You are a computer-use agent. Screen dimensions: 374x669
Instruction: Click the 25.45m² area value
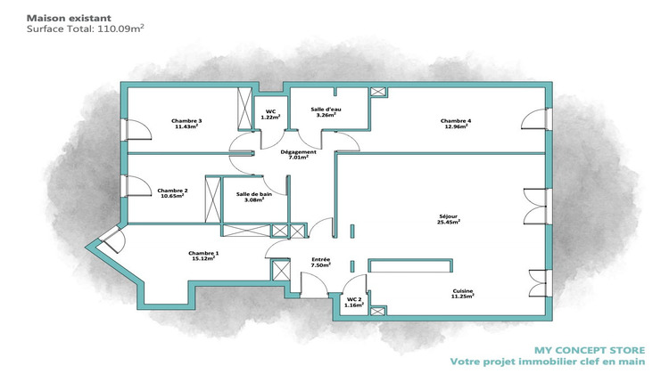(449, 223)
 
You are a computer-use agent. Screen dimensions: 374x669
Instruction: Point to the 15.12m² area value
(203, 259)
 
